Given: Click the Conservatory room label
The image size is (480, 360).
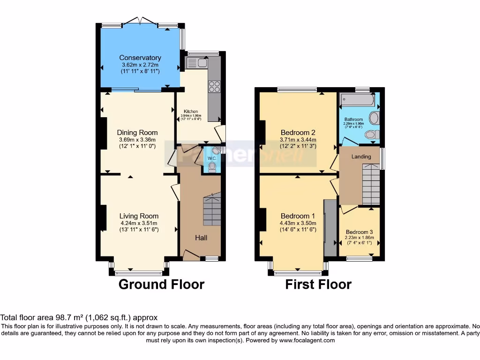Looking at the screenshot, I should pyautogui.click(x=140, y=58).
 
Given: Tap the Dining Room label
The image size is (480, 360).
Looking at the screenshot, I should pyautogui.click(x=137, y=133).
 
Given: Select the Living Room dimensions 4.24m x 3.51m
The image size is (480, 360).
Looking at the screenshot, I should pyautogui.click(x=138, y=223).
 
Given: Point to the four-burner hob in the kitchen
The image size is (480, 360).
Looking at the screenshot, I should pyautogui.click(x=214, y=87).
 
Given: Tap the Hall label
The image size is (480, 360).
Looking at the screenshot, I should pyautogui.click(x=201, y=238).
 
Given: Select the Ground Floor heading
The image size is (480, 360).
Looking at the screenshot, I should pyautogui.click(x=161, y=284).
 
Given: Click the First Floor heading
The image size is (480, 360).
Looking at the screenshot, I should pyautogui.click(x=318, y=284).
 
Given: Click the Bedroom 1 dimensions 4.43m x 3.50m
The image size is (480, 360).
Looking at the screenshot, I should pyautogui.click(x=298, y=223).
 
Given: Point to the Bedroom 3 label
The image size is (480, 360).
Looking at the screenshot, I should pyautogui.click(x=360, y=232).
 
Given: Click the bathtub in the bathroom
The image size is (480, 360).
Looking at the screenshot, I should pyautogui.click(x=357, y=100).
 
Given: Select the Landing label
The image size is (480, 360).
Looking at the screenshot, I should pyautogui.click(x=361, y=157).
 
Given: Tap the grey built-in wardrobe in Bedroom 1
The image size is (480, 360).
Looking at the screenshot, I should pyautogui.click(x=330, y=227).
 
